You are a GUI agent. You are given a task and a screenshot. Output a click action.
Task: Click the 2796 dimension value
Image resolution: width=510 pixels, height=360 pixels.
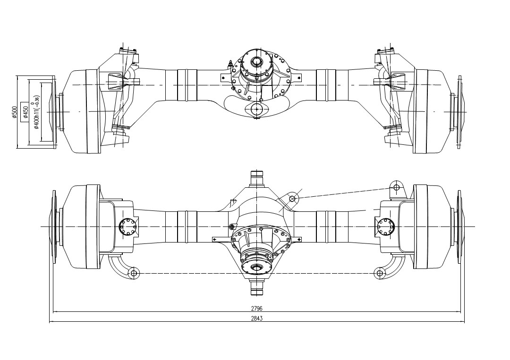coord(257,308)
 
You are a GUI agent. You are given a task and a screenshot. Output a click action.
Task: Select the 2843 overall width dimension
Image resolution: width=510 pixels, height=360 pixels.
coord(257,318)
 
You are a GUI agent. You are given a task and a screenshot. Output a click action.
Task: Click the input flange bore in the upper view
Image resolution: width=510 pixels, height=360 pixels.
coord(257,61)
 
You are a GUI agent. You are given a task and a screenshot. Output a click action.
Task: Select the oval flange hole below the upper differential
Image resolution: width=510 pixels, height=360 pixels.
coord(256,109)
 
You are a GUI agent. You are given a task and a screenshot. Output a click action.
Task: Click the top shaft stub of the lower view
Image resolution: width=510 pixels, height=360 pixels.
coord(256,178)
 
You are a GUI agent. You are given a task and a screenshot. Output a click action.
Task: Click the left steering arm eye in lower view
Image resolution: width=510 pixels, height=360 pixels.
coord(134,273)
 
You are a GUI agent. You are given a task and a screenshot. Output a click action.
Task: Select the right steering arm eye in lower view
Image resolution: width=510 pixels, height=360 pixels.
coord(380,273)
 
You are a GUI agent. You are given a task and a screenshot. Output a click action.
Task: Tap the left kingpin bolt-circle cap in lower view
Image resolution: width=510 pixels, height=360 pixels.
coord(127,226)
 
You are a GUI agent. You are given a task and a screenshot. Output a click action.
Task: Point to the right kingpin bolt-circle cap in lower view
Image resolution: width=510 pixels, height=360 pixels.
coord(386,226)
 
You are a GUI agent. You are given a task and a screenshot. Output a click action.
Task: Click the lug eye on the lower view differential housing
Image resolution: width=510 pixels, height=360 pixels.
coord(292,198)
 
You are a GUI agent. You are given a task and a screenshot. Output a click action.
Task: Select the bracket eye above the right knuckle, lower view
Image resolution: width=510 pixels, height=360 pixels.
coord(396,187)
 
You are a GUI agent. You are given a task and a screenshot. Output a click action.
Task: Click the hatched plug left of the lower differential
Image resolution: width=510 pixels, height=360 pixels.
coord(231,227)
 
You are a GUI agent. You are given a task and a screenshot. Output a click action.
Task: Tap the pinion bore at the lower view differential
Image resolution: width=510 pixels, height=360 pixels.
coord(256,268)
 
